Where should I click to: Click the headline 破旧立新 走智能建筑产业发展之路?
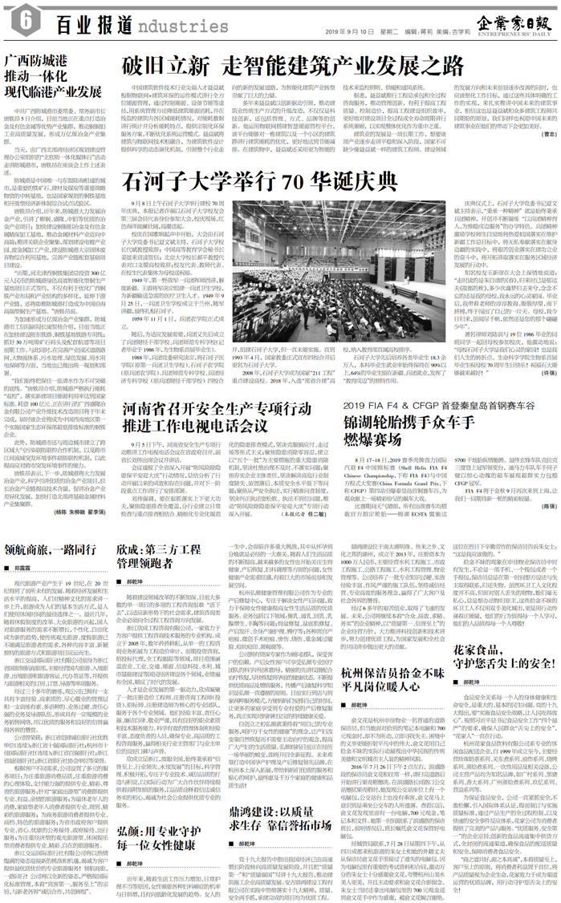coord(292,65)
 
